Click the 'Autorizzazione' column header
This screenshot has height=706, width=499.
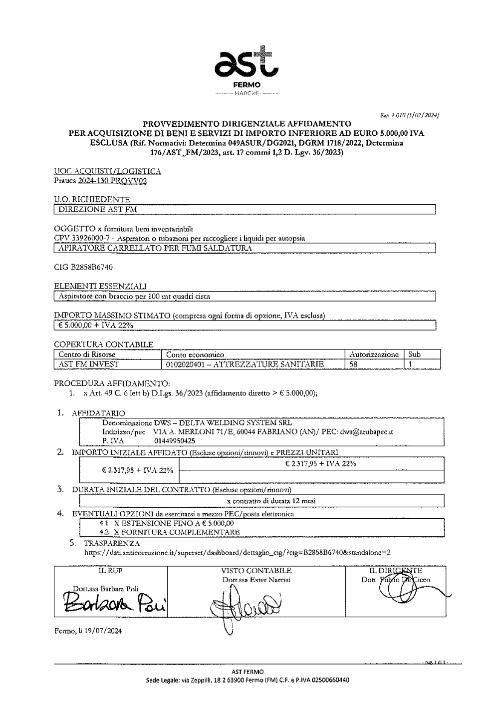374,354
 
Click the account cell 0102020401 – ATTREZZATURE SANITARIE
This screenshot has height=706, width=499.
245,364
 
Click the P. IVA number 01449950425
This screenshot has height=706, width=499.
175,441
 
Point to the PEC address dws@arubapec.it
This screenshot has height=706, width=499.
367,432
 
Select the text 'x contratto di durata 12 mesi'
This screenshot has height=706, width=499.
271,501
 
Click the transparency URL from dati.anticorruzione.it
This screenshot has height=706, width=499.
237,552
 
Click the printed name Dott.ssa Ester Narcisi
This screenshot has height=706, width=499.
256,580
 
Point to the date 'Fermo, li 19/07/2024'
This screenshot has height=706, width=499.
87,631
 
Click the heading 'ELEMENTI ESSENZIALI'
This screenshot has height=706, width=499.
100,287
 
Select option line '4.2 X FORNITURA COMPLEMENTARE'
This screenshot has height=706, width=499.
170,532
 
